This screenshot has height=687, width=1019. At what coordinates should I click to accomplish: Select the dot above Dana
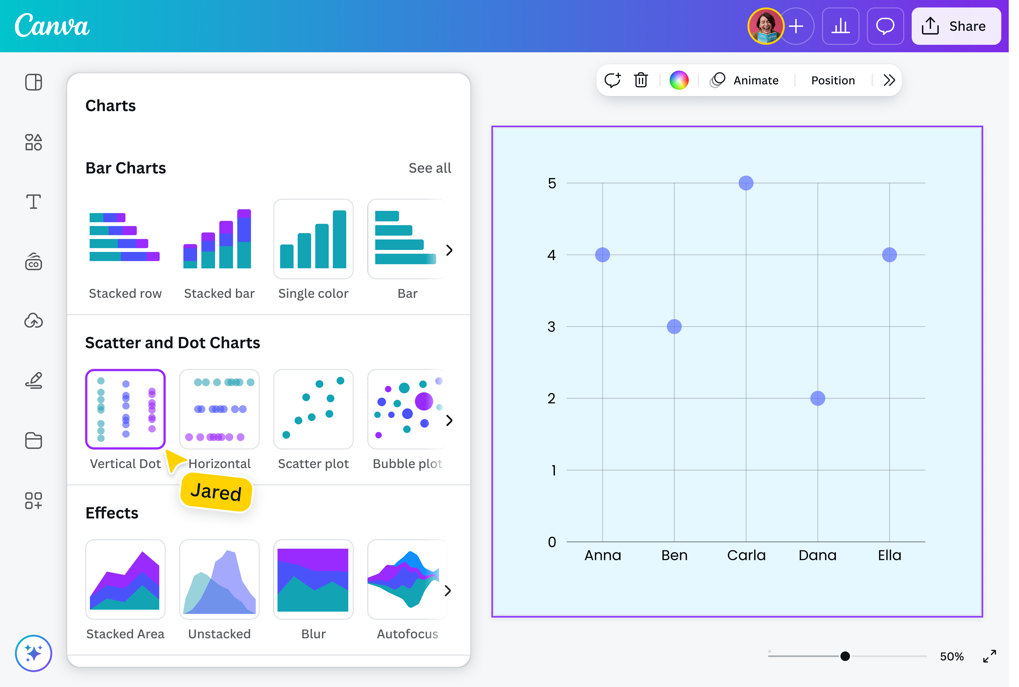tap(818, 398)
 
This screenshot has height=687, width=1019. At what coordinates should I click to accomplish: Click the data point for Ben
tap(674, 326)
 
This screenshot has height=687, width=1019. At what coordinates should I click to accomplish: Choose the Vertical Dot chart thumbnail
tap(125, 409)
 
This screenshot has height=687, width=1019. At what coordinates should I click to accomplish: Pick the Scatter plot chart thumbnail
tap(313, 409)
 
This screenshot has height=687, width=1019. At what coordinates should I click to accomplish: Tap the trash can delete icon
tap(641, 80)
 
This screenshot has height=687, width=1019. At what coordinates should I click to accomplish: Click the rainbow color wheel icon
tap(679, 80)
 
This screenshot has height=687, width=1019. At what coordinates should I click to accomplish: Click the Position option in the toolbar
tap(832, 81)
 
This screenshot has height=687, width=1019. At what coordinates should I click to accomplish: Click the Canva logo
tap(52, 26)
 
